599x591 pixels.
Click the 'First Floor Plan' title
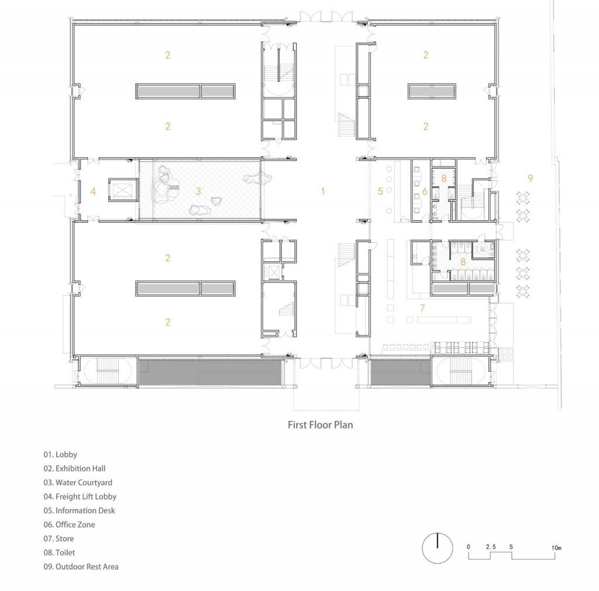(320, 425)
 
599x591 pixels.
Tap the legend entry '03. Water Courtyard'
(78, 482)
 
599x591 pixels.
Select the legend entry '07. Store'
(58, 538)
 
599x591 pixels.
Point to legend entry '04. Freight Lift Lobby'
(80, 496)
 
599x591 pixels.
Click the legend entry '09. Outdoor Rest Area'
(81, 566)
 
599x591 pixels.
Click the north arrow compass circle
(438, 549)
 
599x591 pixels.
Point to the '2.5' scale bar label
(491, 547)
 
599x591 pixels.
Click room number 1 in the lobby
(322, 191)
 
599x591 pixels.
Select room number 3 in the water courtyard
(198, 191)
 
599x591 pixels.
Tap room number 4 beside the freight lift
(93, 191)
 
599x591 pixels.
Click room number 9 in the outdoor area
(530, 178)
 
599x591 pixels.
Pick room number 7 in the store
(421, 307)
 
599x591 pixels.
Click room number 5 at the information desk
(380, 191)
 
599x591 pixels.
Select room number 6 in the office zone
(425, 191)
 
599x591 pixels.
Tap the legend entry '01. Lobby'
(60, 454)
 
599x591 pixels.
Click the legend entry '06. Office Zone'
(69, 524)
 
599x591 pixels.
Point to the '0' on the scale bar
(469, 547)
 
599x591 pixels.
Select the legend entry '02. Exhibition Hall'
(74, 468)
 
